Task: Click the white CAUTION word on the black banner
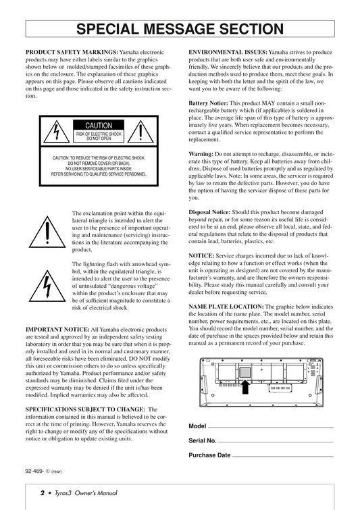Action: pos(99,126)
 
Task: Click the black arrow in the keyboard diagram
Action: pos(246,387)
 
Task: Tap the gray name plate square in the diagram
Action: pos(245,372)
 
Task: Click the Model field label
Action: pos(197,426)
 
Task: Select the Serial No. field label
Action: pos(203,440)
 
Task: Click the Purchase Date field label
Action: pos(209,455)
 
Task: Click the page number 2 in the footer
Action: pos(43,493)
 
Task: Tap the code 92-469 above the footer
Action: pos(34,471)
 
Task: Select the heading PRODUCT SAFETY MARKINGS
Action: pos(72,53)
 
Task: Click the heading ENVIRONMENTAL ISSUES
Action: pos(228,53)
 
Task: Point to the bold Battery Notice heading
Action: pos(209,103)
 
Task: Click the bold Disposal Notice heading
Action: pos(209,212)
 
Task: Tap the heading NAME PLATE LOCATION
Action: pos(226,307)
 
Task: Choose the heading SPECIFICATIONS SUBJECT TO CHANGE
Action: pos(86,409)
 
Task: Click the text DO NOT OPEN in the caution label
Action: pos(99,138)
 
